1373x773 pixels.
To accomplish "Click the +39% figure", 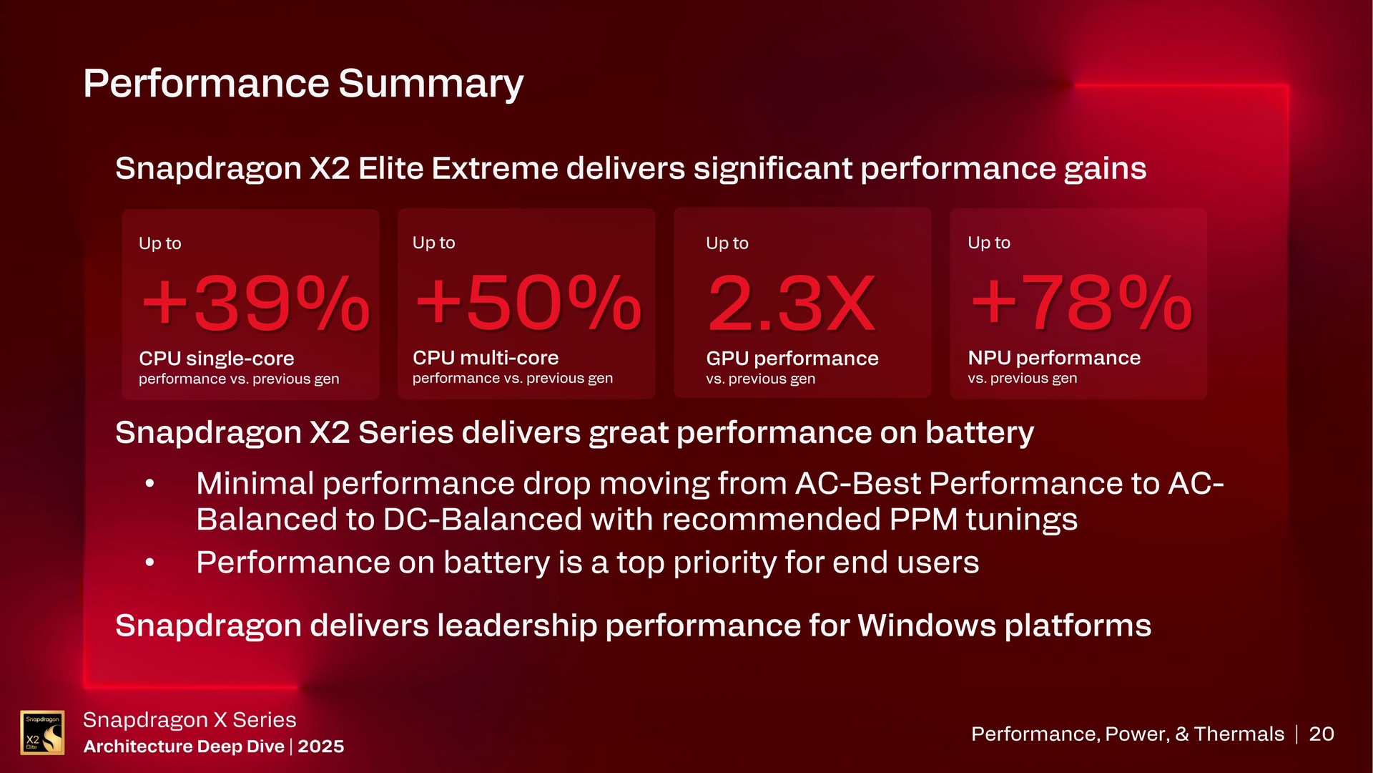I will pyautogui.click(x=255, y=303).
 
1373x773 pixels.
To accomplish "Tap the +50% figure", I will pyautogui.click(x=528, y=303).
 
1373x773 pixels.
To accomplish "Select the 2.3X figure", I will pyautogui.click(x=792, y=303).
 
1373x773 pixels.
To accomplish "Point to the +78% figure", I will pyautogui.click(x=1081, y=303).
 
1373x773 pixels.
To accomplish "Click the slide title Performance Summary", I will pyautogui.click(x=303, y=84).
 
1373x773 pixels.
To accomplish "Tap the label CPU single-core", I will pyautogui.click(x=216, y=358).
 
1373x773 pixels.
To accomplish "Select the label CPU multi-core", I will pyautogui.click(x=485, y=357).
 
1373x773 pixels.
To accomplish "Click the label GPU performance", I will pyautogui.click(x=792, y=358).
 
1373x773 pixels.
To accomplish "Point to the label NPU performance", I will pyautogui.click(x=1053, y=357).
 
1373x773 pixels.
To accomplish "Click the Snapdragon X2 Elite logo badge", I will pyautogui.click(x=42, y=732).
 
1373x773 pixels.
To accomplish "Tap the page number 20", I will pyautogui.click(x=1321, y=734).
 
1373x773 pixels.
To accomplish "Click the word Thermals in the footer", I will pyautogui.click(x=1239, y=734).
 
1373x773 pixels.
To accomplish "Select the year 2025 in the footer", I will pyautogui.click(x=320, y=747).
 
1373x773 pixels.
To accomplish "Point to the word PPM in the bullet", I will pyautogui.click(x=923, y=520).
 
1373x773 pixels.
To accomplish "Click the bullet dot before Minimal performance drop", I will pyautogui.click(x=149, y=484).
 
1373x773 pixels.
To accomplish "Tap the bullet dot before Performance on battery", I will pyautogui.click(x=149, y=563).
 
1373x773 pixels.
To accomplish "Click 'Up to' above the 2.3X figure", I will pyautogui.click(x=727, y=243).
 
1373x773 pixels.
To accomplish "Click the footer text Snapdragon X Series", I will pyautogui.click(x=190, y=719).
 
